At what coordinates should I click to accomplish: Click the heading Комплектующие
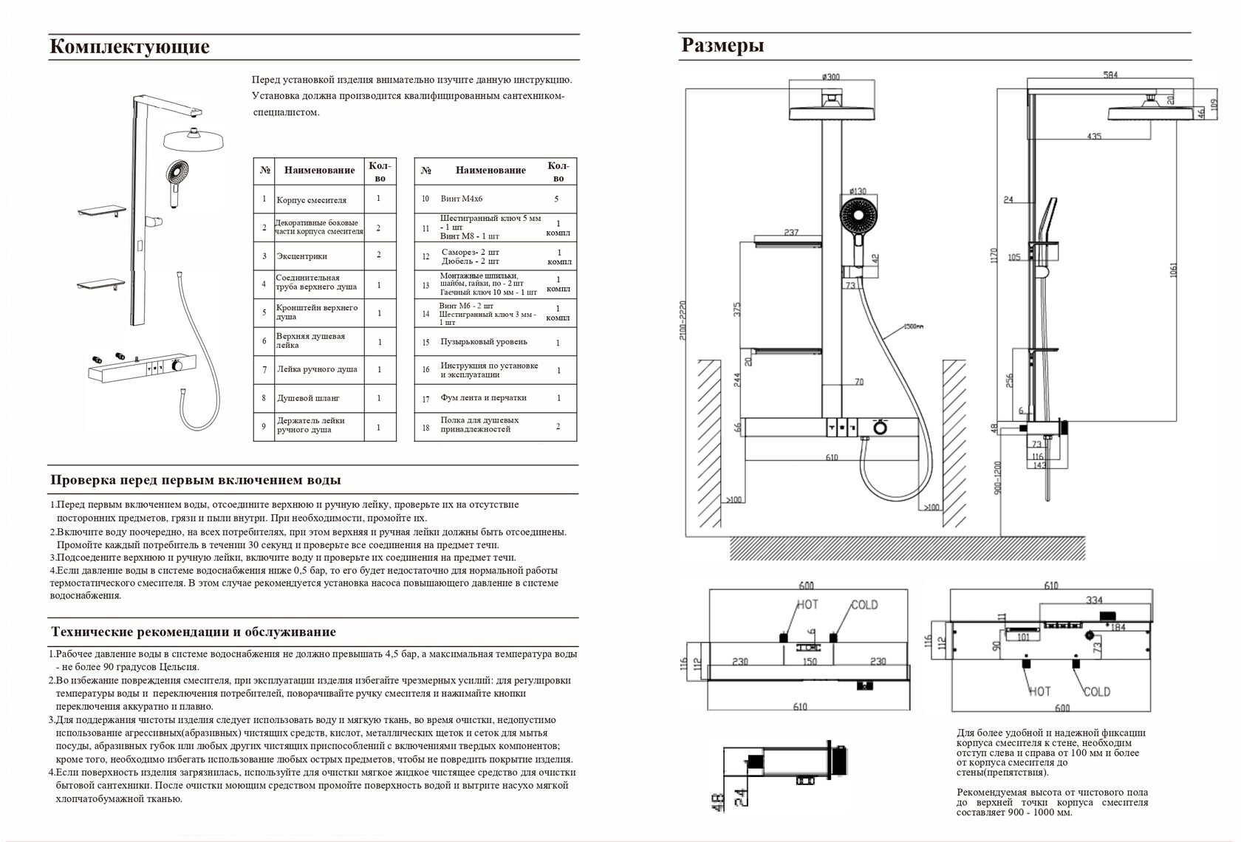pos(129,47)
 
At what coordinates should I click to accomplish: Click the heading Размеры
pos(722,46)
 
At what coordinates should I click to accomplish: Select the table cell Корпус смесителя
pos(311,200)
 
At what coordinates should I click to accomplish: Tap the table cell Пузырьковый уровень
pos(484,342)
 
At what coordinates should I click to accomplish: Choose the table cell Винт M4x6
pos(462,199)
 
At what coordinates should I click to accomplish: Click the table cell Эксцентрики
pos(301,256)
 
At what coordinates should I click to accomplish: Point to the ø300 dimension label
pos(831,76)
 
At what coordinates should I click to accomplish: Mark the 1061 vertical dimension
pos(1173,270)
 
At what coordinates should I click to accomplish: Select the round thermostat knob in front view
pos(880,428)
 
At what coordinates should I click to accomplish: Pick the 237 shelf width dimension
pos(790,232)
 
